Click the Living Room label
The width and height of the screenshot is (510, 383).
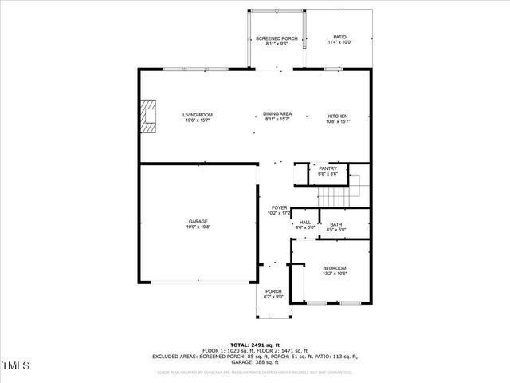[198, 116]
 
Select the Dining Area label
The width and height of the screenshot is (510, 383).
[277, 115]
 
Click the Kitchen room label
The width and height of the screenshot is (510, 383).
[339, 116]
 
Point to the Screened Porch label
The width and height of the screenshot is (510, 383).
[277, 38]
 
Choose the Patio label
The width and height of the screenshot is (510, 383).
[339, 37]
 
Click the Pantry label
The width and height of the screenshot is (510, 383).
[328, 168]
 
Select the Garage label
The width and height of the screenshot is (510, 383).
[198, 221]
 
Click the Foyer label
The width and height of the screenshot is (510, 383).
[279, 207]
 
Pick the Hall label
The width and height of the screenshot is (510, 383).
[305, 222]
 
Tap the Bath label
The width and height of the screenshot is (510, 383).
[335, 224]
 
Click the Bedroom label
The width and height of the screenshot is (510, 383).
[334, 268]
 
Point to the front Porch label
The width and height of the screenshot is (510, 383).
[274, 291]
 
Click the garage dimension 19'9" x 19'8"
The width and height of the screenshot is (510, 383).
[198, 227]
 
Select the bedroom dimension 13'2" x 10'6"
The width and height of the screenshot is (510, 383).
[334, 274]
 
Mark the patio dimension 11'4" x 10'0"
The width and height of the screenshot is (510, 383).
[339, 43]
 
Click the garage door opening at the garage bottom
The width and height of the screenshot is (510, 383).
[198, 282]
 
